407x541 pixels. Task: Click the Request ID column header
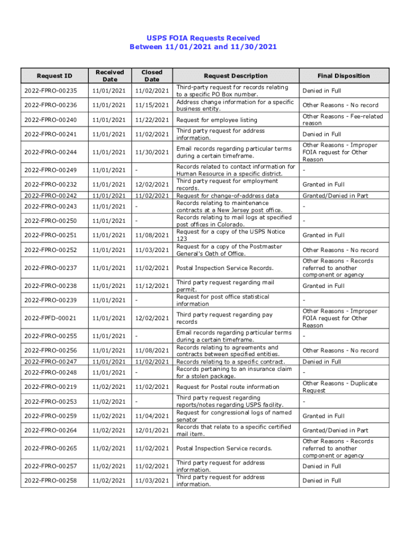(55, 76)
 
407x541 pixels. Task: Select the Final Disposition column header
(344, 76)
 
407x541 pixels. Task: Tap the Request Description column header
(236, 76)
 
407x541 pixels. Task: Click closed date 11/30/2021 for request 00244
(152, 152)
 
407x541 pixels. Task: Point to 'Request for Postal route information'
(228, 387)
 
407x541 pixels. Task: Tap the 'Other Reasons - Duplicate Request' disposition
(340, 387)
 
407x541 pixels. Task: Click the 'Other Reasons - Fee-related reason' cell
(343, 119)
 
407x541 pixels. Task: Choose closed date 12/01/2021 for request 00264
(152, 431)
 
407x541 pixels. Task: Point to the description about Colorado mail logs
(234, 221)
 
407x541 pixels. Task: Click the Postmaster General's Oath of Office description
(229, 250)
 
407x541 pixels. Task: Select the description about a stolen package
(233, 372)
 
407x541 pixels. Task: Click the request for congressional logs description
(234, 416)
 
